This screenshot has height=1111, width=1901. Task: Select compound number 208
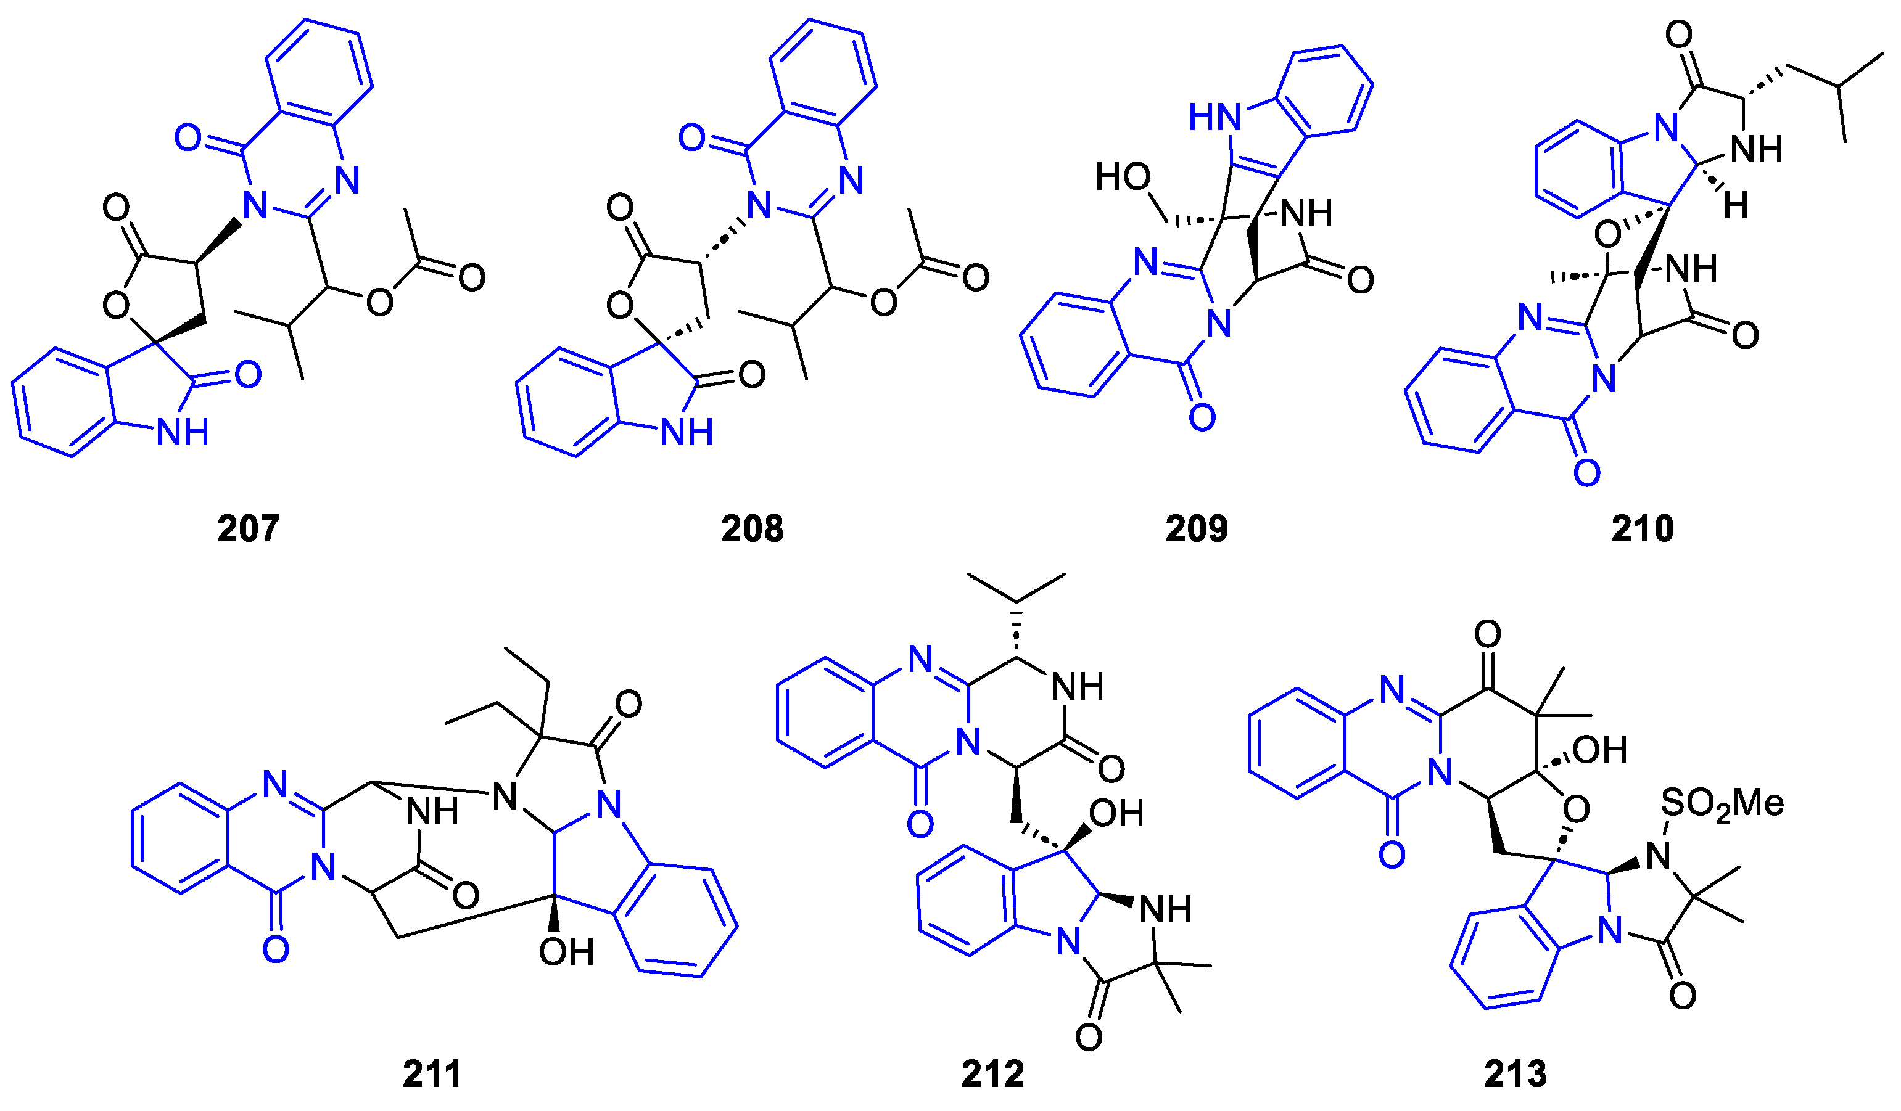click(752, 529)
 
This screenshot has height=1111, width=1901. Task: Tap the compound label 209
click(1197, 529)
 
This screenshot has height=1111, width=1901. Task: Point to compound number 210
click(1643, 529)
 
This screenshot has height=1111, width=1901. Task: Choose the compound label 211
click(432, 1074)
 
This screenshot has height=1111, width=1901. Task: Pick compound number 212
click(992, 1074)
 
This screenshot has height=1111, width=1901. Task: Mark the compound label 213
click(1515, 1074)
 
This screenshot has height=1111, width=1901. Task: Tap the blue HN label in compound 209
click(1214, 118)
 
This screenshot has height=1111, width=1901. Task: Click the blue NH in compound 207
click(183, 433)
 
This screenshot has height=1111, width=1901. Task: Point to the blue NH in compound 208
click(687, 433)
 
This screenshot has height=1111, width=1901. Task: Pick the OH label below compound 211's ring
click(566, 953)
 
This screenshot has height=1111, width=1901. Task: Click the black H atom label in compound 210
click(1736, 205)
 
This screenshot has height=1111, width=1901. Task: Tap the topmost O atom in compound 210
click(1678, 35)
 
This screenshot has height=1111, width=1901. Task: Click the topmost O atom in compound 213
click(1488, 635)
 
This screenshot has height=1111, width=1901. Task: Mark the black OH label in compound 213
click(1599, 750)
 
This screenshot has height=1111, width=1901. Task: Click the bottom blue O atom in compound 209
click(1202, 417)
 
